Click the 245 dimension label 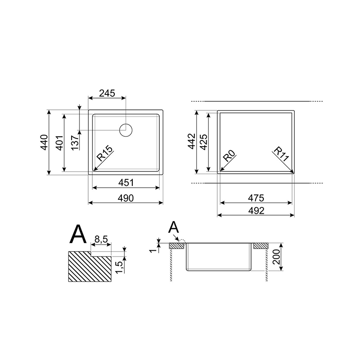107,93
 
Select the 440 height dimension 44,142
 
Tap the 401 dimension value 59,143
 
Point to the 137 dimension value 75,143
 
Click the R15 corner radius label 105,153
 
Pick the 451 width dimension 126,183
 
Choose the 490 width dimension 126,198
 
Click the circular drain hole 126,130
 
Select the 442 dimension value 192,141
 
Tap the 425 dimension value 204,142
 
